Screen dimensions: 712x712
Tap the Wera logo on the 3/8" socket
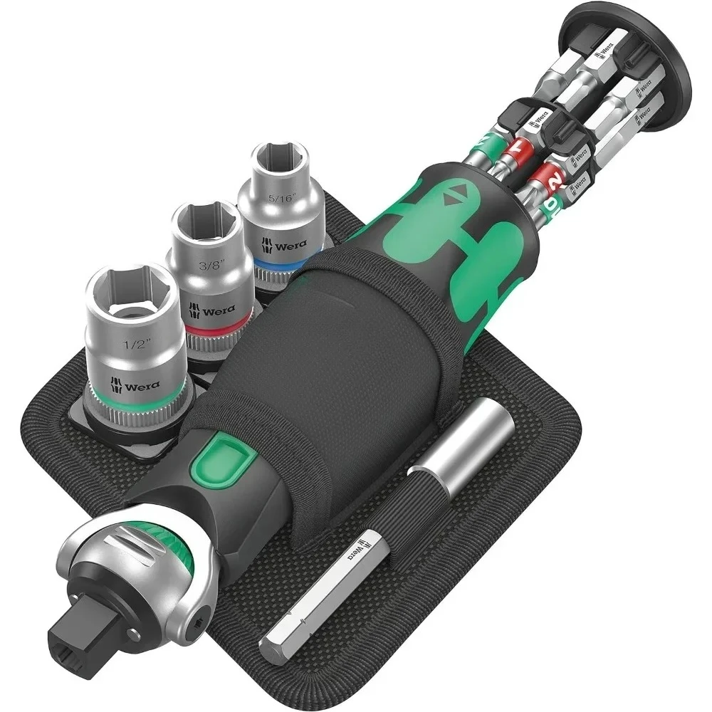[x=214, y=311]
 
